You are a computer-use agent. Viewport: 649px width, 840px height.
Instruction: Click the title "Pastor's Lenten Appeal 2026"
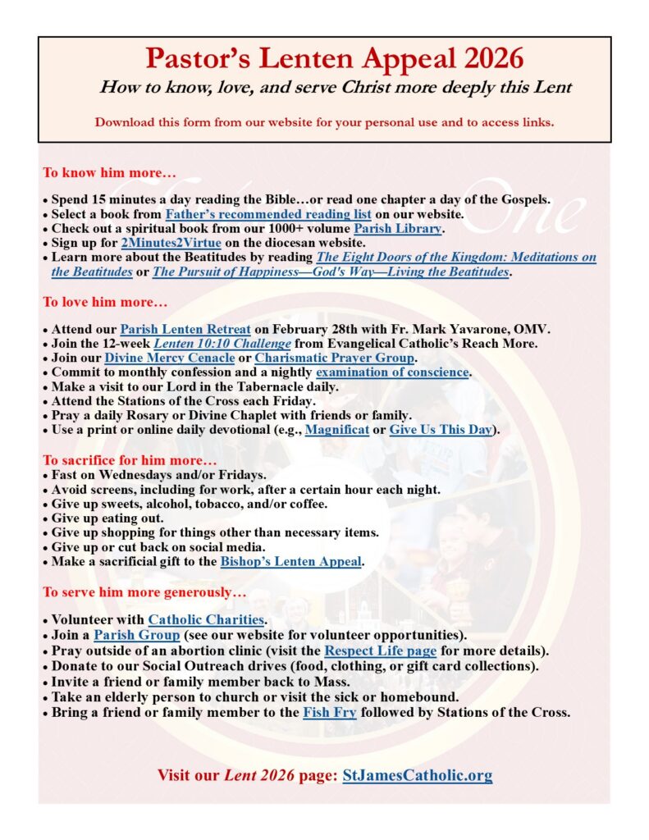click(x=334, y=59)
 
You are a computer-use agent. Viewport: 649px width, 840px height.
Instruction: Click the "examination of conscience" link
click(x=392, y=372)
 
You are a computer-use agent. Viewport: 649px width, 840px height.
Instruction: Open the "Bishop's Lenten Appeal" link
click(x=290, y=562)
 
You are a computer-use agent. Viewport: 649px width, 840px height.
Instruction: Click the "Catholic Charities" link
click(x=206, y=619)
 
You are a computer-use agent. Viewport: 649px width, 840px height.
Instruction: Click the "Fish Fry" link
click(x=330, y=712)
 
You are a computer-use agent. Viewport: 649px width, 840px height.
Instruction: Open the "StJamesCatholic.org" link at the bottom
click(x=418, y=775)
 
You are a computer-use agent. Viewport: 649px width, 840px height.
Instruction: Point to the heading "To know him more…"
click(x=110, y=174)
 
